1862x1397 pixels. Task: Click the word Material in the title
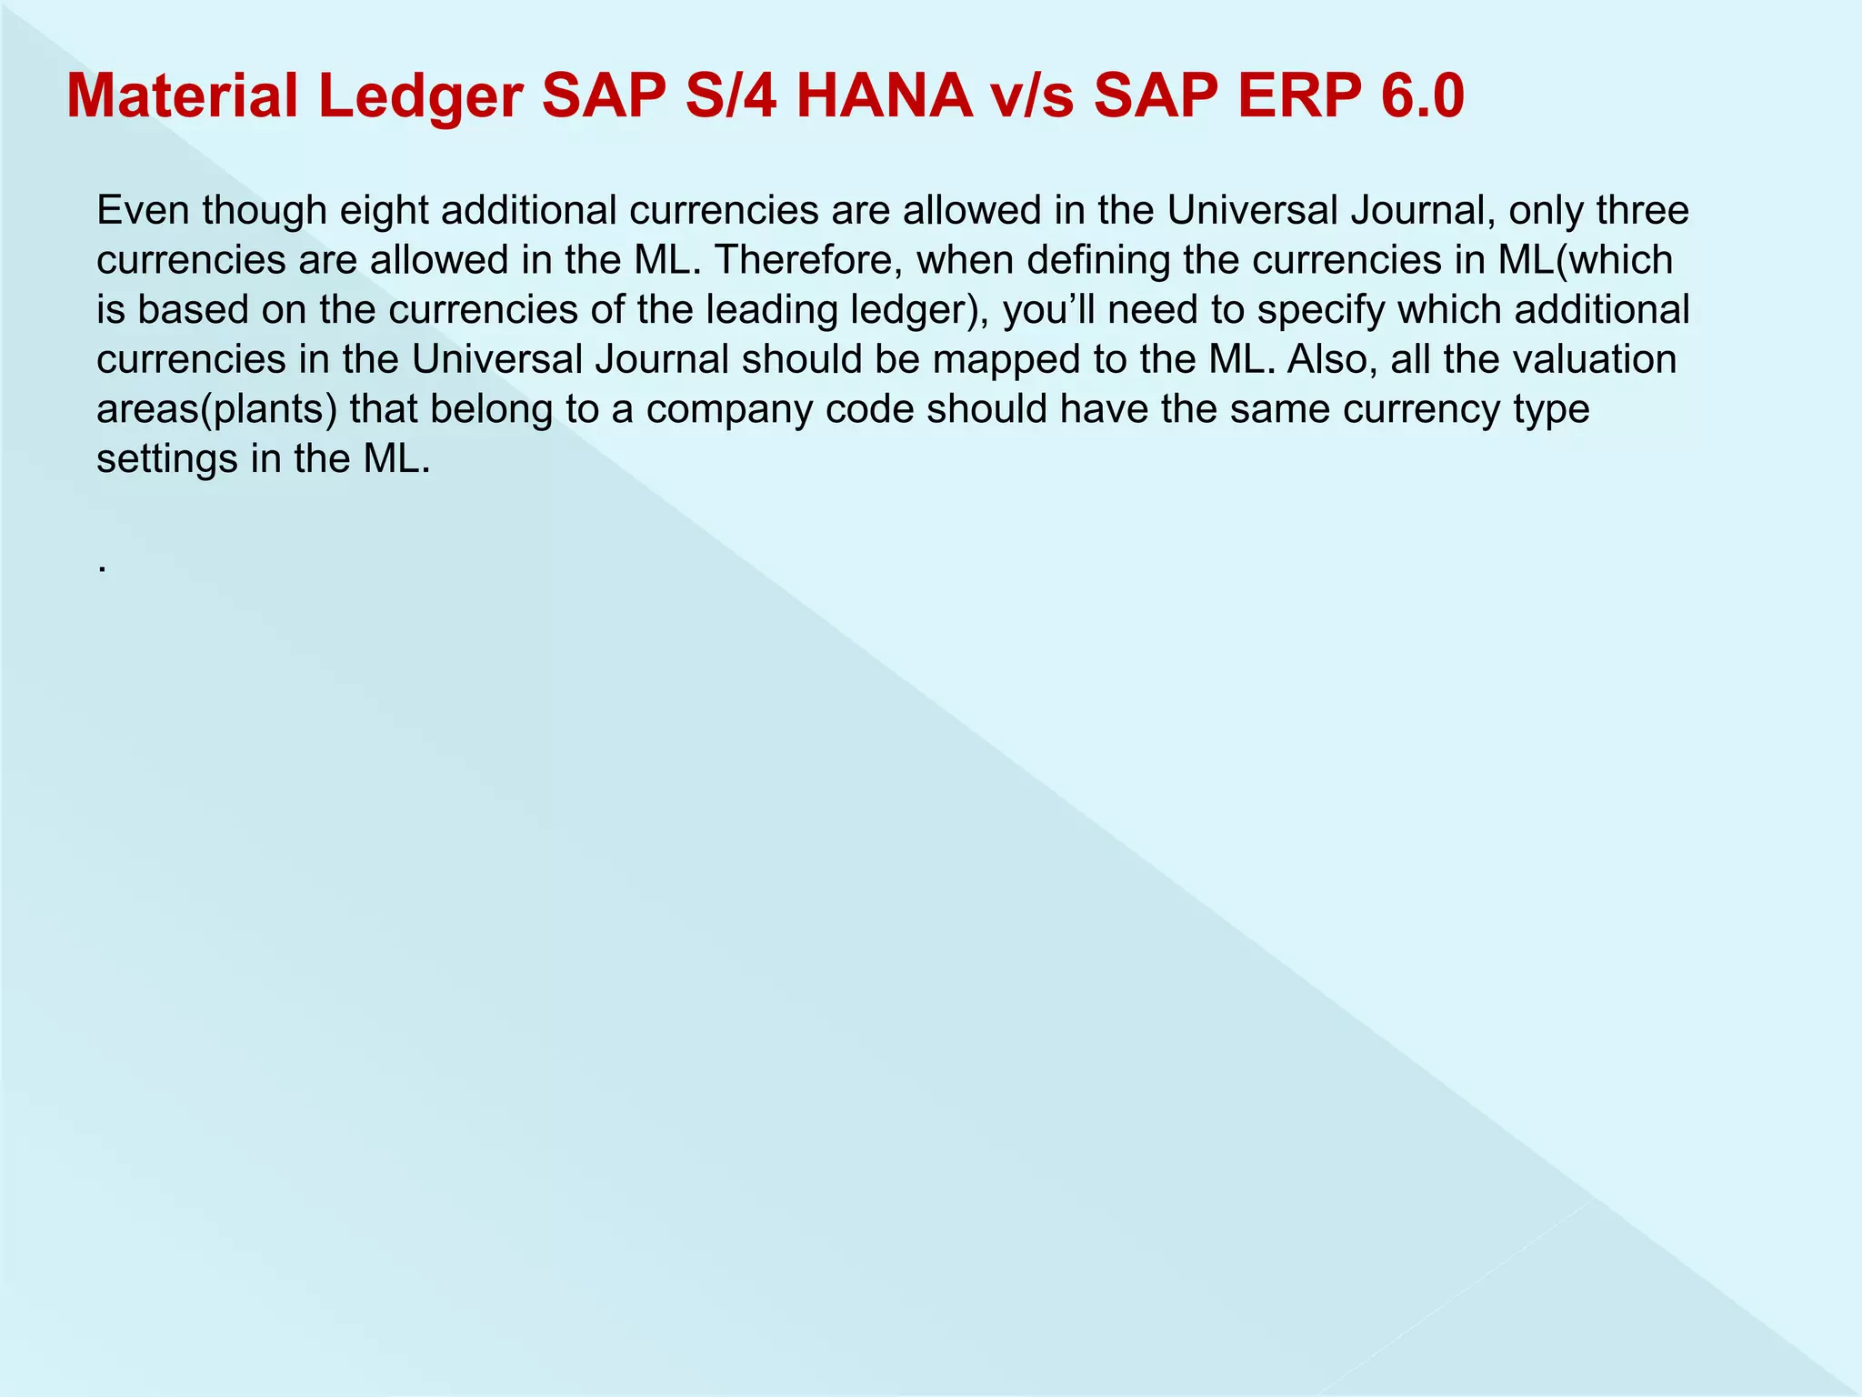tap(182, 96)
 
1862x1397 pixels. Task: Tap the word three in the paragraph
tap(1642, 211)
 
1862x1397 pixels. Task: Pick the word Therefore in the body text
tap(808, 261)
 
